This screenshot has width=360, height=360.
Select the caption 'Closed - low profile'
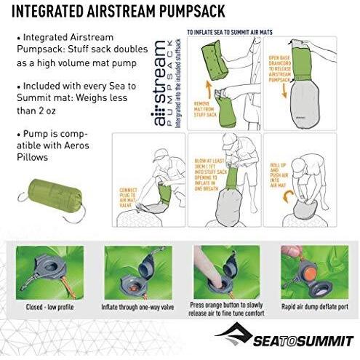(x=53, y=305)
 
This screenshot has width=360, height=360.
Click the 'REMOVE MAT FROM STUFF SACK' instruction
(x=203, y=110)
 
